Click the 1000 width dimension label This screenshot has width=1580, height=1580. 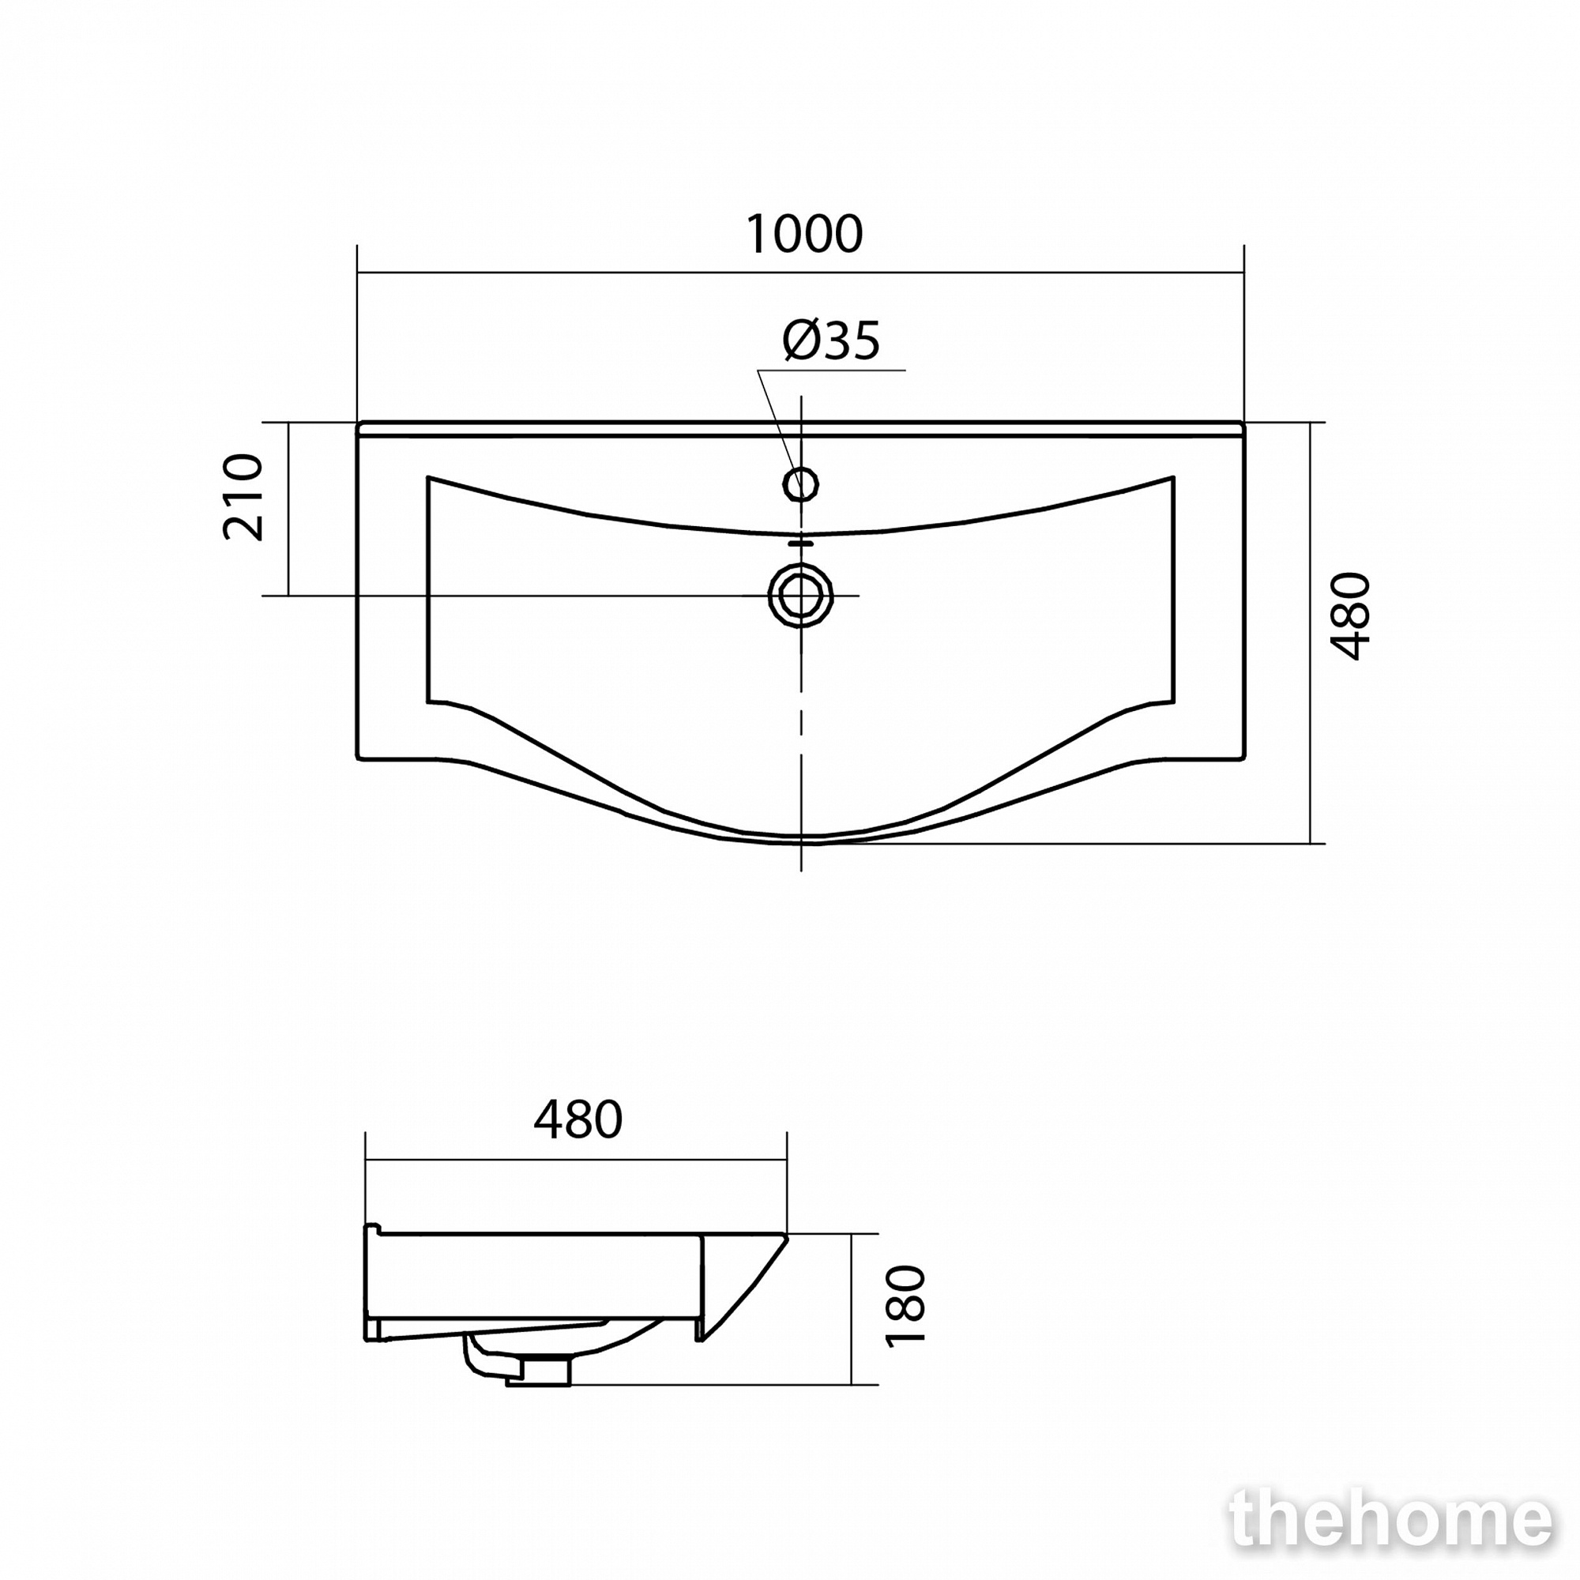tap(804, 234)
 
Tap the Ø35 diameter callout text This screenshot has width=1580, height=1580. tap(831, 340)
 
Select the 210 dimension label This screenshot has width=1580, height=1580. tap(243, 496)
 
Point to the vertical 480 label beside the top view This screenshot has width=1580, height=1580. tap(1350, 616)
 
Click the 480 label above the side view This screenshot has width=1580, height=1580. tap(578, 1119)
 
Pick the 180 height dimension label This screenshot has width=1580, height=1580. tap(905, 1318)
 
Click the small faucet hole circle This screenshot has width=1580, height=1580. tap(800, 484)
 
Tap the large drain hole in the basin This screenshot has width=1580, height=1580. tap(800, 596)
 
